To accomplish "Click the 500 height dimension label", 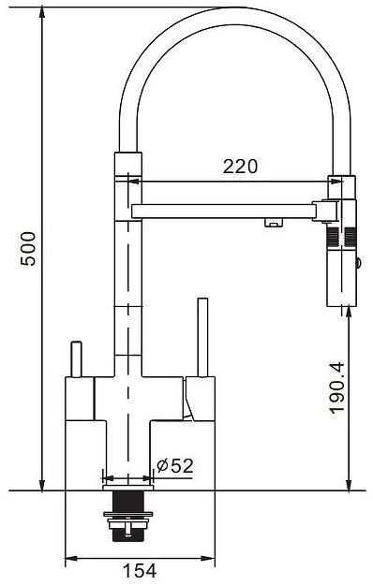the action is click(x=28, y=248).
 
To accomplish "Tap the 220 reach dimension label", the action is click(x=240, y=167).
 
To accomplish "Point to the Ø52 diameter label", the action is click(x=175, y=465).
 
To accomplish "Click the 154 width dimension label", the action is click(x=140, y=570).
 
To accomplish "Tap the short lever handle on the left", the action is click(x=76, y=358).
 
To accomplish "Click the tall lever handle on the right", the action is click(x=202, y=337).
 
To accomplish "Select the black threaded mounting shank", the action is click(x=127, y=515).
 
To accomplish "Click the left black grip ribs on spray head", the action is click(x=333, y=238).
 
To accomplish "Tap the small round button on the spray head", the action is click(x=358, y=263).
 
